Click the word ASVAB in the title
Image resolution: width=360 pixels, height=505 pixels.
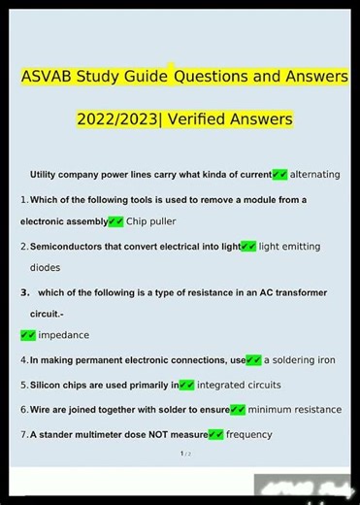tap(49, 75)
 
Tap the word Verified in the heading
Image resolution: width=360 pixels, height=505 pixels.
tap(209, 119)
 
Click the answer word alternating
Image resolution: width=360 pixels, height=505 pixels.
tap(315, 175)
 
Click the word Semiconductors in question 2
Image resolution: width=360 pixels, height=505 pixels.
tap(72, 247)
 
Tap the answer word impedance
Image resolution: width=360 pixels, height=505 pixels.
tap(64, 335)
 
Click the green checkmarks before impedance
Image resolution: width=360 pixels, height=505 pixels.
tap(28, 335)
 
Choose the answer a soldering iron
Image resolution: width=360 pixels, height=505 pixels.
tap(300, 360)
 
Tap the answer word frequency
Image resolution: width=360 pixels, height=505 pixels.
tap(249, 435)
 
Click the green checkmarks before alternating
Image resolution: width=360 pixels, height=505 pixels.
tap(279, 175)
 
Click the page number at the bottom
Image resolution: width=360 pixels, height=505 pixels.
tap(181, 454)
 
